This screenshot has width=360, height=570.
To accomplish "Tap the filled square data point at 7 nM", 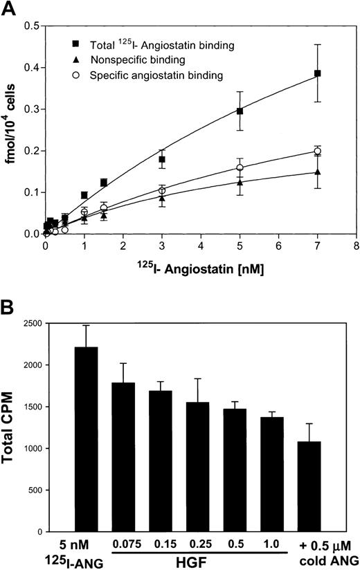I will click(x=318, y=73).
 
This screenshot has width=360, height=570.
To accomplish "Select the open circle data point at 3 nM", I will click(x=162, y=190).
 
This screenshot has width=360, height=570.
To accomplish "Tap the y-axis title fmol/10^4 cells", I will click(x=11, y=128).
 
